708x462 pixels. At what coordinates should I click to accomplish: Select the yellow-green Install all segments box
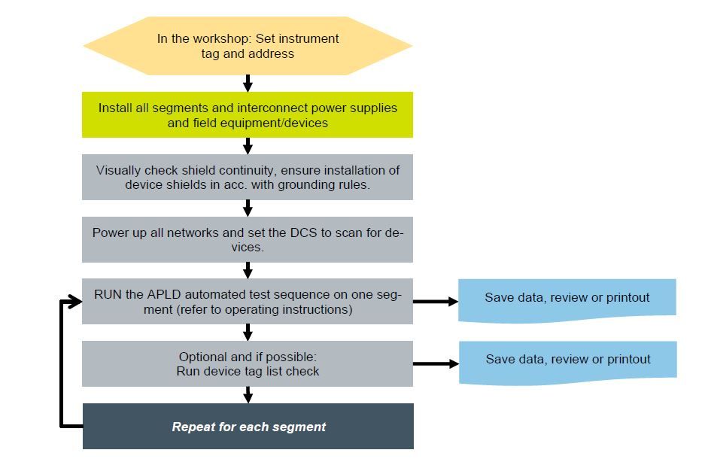248,114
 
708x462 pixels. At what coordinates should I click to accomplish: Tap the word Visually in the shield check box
117,171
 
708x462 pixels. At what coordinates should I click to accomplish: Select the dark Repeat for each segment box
248,427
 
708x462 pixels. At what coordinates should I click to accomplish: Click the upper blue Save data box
567,300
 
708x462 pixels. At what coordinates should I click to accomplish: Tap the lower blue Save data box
568,363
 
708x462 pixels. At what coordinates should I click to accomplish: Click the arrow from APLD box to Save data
436,301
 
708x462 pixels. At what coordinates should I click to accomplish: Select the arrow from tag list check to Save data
436,363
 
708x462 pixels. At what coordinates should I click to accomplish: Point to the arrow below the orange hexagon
248,84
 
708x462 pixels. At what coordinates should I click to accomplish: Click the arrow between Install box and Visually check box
248,146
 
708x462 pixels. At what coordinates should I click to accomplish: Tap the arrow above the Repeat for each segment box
248,395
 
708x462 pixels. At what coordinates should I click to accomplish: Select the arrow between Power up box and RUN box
248,270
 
